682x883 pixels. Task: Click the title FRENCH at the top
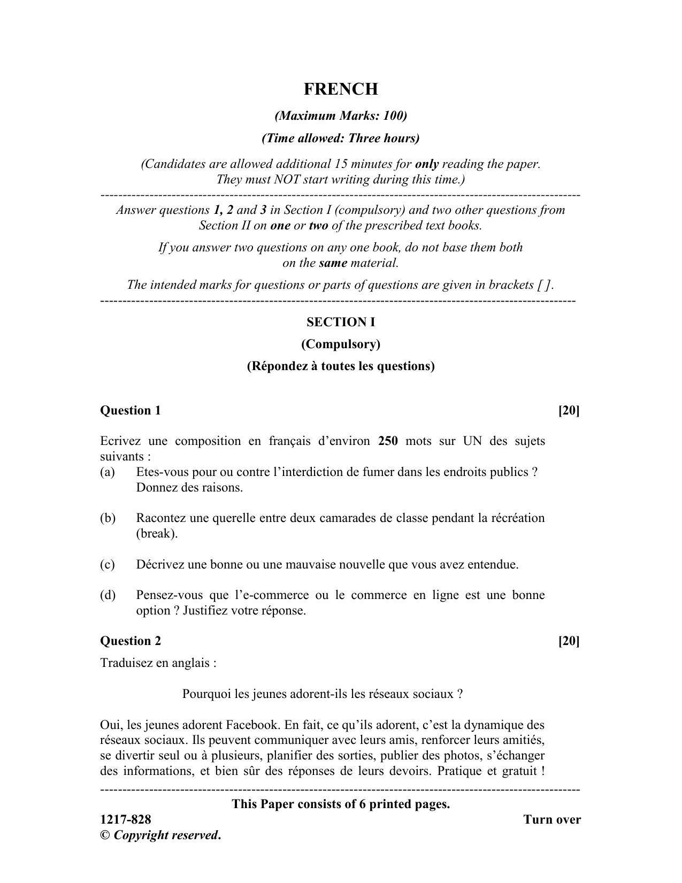341,89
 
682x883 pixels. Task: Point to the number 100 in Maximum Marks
394,116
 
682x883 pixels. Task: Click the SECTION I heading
341,322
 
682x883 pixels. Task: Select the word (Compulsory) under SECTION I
341,344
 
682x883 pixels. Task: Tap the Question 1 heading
130,410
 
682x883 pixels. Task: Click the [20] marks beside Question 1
569,410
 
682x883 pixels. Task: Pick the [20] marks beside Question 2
569,641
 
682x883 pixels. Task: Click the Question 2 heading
130,641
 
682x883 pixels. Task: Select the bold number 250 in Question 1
388,441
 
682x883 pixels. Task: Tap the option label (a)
107,472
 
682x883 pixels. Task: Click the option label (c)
107,564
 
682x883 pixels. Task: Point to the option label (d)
107,595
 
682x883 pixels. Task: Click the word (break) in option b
156,534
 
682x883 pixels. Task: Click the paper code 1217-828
126,819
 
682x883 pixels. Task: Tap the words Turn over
552,819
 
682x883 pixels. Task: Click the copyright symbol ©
104,835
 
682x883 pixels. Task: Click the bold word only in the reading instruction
426,164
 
